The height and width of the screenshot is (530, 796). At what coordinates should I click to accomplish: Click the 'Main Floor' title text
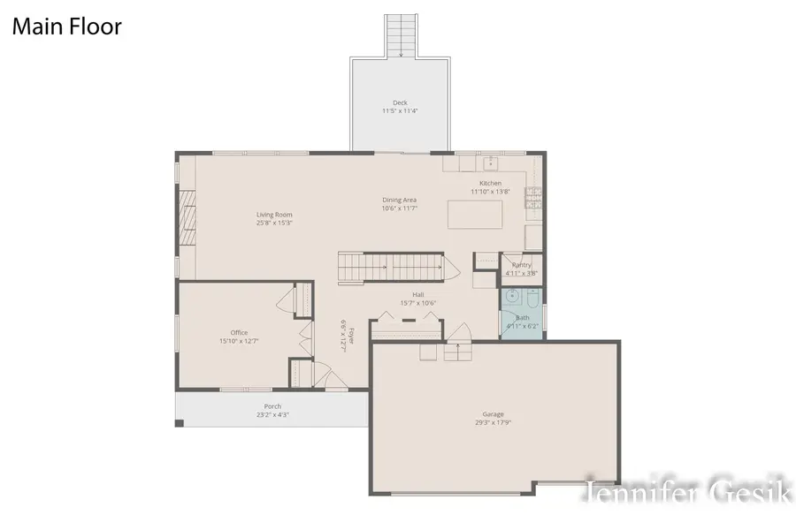pos(66,26)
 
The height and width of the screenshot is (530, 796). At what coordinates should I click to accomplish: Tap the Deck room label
pos(401,102)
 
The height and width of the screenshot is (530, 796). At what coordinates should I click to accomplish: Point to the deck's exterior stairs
pos(401,35)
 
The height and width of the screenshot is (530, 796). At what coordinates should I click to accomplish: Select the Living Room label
pos(274,215)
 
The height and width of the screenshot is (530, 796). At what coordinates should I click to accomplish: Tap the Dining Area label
pos(400,201)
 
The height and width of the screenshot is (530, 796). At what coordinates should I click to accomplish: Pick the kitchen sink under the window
pos(489,163)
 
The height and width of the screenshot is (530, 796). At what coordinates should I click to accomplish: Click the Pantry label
pos(522,265)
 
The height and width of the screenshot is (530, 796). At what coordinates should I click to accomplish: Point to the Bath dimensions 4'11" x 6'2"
pos(522,326)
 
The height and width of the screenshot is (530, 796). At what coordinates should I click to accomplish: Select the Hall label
pos(419,295)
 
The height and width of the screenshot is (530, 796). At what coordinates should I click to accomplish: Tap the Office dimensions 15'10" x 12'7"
pos(239,341)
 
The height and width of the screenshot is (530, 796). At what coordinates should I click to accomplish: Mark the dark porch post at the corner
pos(180,423)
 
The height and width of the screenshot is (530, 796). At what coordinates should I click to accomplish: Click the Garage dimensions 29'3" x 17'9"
pos(493,422)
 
